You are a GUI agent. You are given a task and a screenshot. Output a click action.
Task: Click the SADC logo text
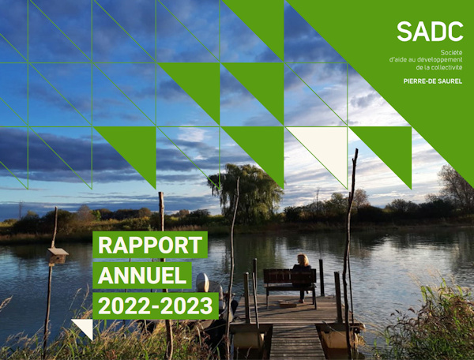(430, 32)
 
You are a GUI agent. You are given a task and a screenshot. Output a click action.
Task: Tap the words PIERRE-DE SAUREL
(433, 81)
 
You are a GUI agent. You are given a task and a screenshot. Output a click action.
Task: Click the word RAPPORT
(150, 245)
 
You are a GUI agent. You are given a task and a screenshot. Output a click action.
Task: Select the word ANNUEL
(142, 276)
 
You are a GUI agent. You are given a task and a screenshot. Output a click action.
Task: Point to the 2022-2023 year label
(156, 306)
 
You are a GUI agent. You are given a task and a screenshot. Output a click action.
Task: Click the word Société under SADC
(451, 53)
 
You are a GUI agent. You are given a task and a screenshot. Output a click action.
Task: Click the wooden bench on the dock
(290, 287)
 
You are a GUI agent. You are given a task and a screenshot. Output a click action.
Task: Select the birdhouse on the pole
(57, 256)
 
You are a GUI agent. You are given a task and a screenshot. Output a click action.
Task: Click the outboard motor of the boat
(202, 283)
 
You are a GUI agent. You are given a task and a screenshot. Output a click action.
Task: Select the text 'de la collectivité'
(439, 67)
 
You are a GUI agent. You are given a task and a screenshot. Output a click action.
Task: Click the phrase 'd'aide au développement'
(426, 60)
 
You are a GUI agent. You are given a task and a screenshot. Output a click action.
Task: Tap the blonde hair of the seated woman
(303, 260)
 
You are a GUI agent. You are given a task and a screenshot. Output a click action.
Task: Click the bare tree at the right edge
(457, 187)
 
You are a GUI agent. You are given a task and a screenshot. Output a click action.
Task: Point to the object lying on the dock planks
(288, 304)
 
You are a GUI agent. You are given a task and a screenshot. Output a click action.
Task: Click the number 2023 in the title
(187, 306)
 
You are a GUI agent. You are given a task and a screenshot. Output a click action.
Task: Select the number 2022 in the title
(124, 306)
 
